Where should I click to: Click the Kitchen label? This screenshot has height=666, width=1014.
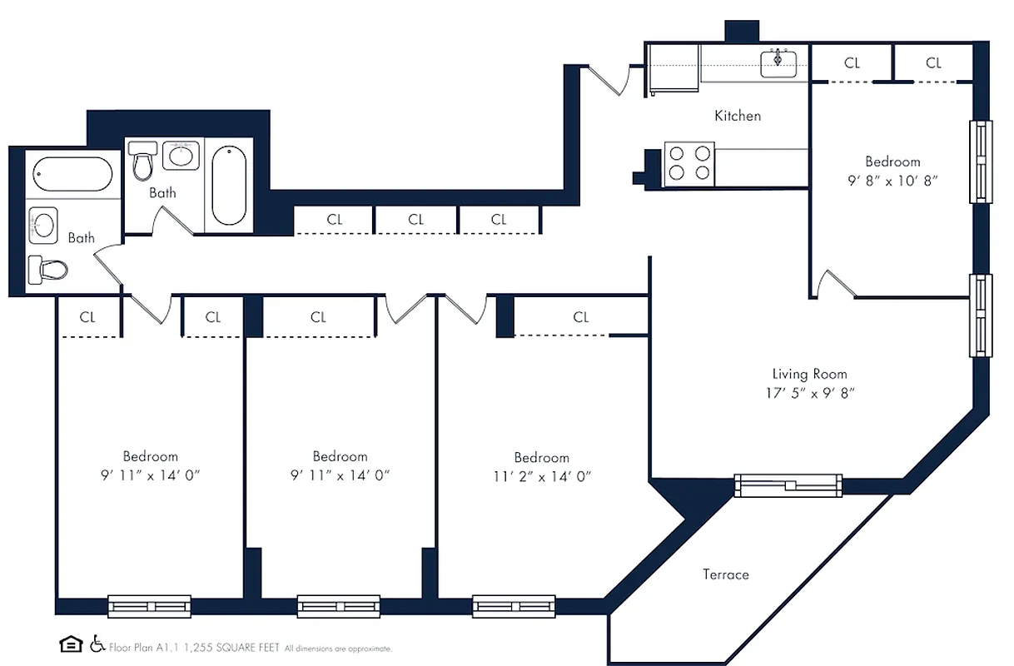pyautogui.click(x=738, y=116)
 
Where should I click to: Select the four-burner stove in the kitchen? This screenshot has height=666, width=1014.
pyautogui.click(x=689, y=163)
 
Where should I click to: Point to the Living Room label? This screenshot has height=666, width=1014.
pyautogui.click(x=809, y=374)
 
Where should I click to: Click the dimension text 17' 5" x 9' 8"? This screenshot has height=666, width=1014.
pyautogui.click(x=809, y=394)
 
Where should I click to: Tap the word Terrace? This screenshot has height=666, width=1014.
pyautogui.click(x=725, y=574)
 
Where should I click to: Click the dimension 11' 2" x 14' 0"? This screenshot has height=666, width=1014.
pyautogui.click(x=541, y=477)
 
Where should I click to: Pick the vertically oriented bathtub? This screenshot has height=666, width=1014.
pyautogui.click(x=228, y=186)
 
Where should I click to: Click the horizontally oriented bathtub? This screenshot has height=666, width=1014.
pyautogui.click(x=72, y=174)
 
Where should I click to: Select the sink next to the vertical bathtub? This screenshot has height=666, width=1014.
pyautogui.click(x=181, y=155)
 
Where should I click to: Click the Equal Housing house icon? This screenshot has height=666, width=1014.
pyautogui.click(x=71, y=644)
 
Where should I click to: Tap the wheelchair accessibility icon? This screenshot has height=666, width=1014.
pyautogui.click(x=97, y=644)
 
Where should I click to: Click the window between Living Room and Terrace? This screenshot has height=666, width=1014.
pyautogui.click(x=788, y=485)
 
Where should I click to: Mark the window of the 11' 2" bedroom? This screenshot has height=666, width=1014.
pyautogui.click(x=514, y=606)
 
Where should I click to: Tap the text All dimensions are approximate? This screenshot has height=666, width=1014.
pyautogui.click(x=338, y=648)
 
